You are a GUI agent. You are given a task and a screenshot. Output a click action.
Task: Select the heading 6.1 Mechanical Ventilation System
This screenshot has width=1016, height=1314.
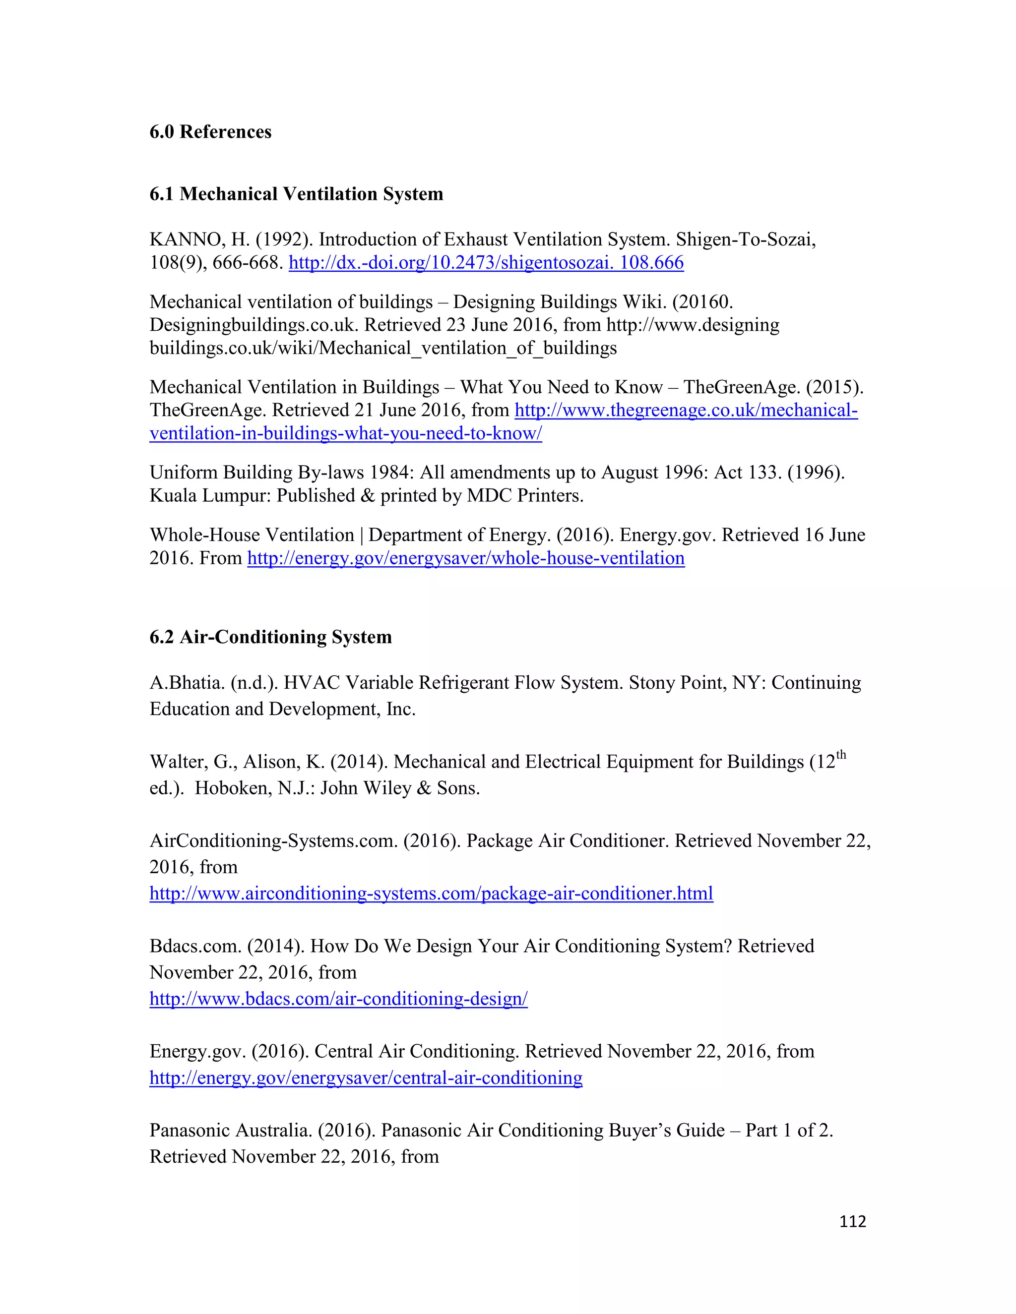296,194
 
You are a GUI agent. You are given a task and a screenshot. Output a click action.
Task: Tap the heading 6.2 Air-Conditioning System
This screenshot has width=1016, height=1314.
270,637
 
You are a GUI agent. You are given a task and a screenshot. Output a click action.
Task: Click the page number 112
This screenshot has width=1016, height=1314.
852,1221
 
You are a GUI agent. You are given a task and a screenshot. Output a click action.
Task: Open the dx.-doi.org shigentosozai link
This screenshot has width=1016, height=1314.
486,263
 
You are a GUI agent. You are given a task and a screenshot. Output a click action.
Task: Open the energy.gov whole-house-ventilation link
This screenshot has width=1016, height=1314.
465,558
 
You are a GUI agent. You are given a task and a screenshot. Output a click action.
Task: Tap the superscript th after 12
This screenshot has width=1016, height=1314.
841,756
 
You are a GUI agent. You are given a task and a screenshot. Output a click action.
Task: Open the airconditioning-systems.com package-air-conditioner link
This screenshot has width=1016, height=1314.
431,894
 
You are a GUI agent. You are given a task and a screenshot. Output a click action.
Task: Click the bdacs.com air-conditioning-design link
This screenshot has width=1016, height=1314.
338,999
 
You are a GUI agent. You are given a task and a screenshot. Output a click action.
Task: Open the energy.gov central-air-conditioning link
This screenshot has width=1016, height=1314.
365,1077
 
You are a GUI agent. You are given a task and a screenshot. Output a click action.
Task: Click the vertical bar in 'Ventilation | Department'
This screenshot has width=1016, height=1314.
362,535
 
